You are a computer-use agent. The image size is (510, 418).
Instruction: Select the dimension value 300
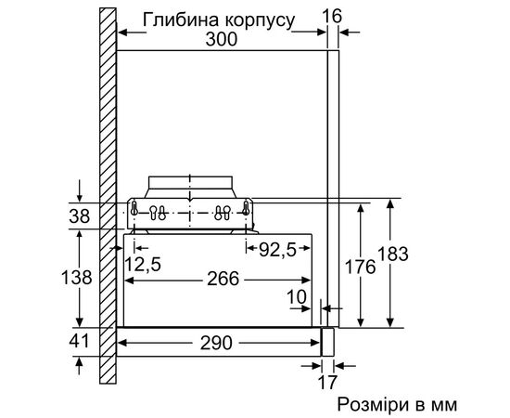coord(220,39)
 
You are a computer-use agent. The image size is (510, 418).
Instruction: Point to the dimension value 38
coord(81,216)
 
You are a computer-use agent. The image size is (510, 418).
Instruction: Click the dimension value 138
coord(81,277)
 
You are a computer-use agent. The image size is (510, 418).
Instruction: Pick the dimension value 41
coord(81,341)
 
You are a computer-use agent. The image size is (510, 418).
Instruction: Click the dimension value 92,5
coord(277,249)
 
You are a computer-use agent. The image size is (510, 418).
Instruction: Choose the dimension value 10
coord(297,296)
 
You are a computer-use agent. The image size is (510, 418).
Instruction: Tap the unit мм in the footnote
coord(442,405)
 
